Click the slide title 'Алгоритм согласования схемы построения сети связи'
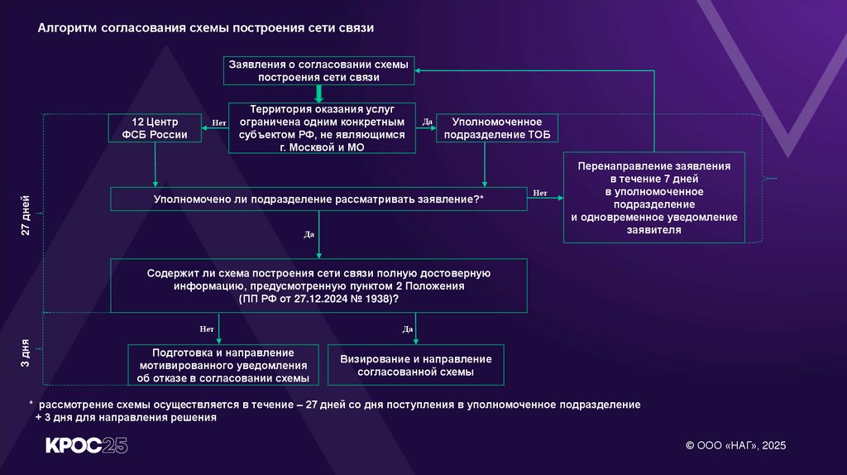206,28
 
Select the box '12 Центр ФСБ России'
156,128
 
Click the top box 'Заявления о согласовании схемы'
318,70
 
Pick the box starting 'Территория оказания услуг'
323,127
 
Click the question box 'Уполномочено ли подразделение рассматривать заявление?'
318,199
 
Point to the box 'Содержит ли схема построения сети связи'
318,285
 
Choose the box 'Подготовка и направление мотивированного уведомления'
218,365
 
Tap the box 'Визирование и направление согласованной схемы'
415,365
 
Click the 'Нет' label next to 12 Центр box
219,122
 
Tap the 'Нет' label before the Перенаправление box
540,193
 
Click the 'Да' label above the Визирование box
408,329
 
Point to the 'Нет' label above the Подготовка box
207,329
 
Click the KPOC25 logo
86,445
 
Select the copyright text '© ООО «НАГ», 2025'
735,445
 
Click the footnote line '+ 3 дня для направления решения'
125,418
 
